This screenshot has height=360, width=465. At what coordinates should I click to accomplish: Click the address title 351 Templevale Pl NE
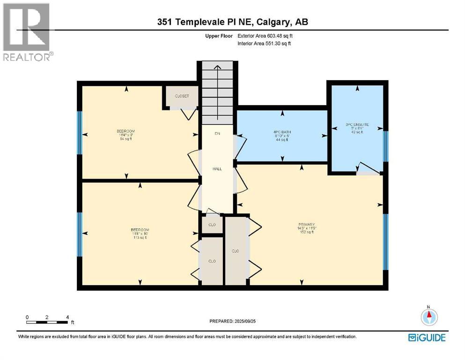click(232, 22)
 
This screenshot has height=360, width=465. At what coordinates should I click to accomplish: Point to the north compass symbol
click(429, 317)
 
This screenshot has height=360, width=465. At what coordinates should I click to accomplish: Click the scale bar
click(47, 322)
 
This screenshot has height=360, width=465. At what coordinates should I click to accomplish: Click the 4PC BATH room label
click(282, 135)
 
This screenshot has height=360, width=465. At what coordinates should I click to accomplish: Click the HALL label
click(217, 169)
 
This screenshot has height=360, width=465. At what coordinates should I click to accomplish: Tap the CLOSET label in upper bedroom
click(182, 96)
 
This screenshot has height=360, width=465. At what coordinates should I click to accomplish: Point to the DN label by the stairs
click(217, 134)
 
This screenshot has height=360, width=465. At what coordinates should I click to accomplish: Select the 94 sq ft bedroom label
click(125, 135)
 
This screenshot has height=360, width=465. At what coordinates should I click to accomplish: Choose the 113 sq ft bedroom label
click(140, 233)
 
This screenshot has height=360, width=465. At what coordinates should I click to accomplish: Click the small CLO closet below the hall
click(212, 225)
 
